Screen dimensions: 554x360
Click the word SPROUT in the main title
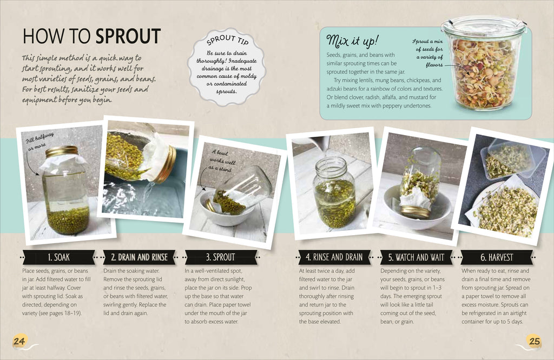point(128,36)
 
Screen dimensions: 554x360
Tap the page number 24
point(19,341)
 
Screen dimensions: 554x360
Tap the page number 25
point(535,341)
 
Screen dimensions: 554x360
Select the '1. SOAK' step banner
point(58,257)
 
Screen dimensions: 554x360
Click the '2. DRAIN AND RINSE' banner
point(139,257)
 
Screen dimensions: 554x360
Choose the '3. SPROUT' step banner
point(221,257)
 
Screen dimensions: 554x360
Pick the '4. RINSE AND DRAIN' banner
point(334,257)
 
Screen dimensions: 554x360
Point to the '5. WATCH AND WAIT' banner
point(416,257)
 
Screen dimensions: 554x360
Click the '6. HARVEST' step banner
point(497,257)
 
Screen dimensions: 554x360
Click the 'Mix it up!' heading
point(352,41)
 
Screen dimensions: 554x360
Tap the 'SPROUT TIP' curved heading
point(227,40)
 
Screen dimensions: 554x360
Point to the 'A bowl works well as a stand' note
point(222,160)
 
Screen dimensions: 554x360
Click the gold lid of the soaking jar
point(62,151)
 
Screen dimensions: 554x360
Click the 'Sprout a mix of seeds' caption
point(428,53)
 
